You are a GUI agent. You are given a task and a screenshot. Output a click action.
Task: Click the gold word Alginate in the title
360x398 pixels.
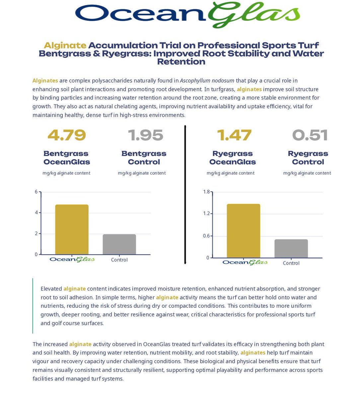pos(65,45)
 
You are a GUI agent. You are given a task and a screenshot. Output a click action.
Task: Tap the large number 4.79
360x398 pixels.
pos(67,135)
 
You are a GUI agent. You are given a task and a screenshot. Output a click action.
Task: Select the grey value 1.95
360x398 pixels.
pos(145,135)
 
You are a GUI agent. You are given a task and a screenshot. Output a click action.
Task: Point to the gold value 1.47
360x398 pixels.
pos(234,135)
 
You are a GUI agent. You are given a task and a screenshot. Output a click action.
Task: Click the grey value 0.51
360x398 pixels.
pos(310,135)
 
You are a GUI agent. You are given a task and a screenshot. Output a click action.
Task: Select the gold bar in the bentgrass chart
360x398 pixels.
pos(72,230)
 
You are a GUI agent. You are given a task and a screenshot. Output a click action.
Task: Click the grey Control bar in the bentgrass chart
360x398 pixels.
pos(119,244)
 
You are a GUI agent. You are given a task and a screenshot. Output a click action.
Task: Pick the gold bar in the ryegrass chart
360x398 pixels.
pos(243,231)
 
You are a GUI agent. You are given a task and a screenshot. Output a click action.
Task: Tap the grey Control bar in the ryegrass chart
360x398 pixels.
pos(291,248)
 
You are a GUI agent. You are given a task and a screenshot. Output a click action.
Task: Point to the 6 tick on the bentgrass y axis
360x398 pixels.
pos(36,192)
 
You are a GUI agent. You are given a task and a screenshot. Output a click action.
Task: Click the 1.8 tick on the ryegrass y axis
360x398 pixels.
pos(206,192)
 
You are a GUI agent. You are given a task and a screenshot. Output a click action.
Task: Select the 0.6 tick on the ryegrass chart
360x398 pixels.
pos(206,236)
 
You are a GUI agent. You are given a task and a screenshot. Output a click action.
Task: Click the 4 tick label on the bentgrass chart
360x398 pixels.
pos(36,213)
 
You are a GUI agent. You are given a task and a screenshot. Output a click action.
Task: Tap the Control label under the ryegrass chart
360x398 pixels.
pos(291,263)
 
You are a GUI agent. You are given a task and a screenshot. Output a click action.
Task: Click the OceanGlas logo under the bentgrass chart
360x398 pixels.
pos(72,259)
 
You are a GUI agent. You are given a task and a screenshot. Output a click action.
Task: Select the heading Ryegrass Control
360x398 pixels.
pos(308,158)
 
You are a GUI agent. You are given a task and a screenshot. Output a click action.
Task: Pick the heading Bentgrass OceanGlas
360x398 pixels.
pos(66,158)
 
